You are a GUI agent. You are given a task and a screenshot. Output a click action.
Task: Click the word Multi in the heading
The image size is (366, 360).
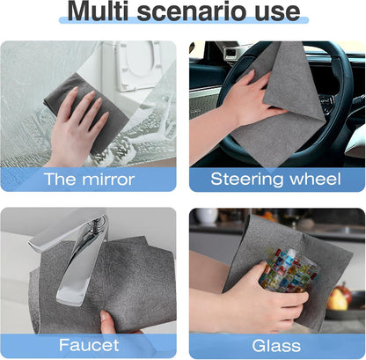106,13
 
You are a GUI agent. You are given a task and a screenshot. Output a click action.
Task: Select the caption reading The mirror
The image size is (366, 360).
90,180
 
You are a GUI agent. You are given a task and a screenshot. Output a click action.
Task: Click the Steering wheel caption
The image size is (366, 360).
275,180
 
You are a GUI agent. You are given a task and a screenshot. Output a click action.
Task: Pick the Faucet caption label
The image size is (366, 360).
90,345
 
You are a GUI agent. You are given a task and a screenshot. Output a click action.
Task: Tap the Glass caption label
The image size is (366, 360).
275,345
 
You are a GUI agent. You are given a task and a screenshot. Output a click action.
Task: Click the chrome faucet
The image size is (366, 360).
75,251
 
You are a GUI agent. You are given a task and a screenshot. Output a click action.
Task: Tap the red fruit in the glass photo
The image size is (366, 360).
338,299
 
